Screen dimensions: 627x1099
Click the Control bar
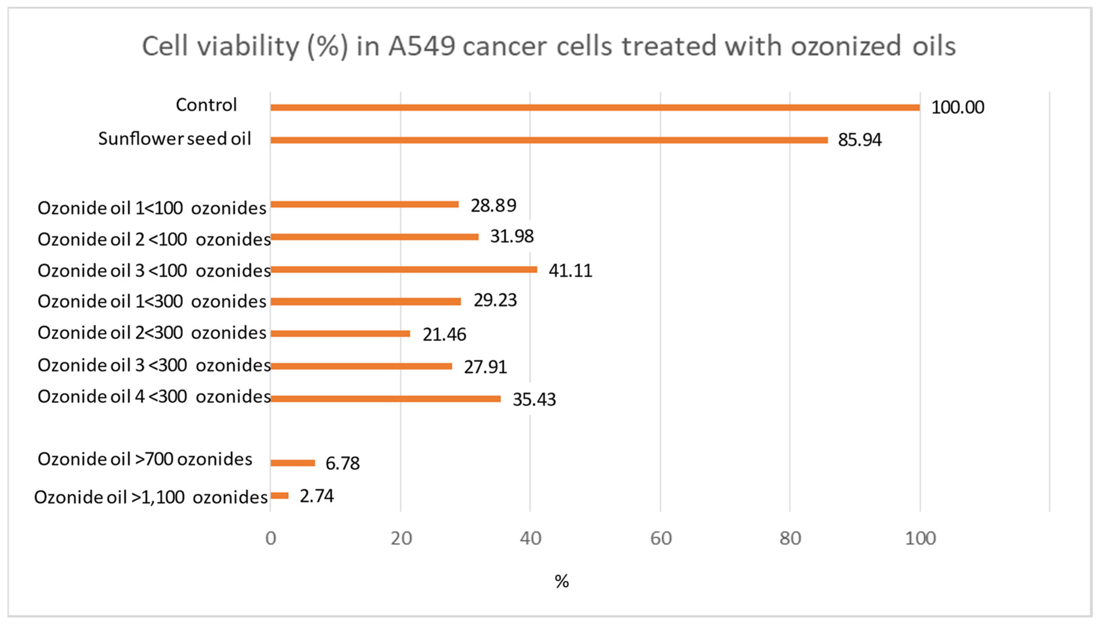[594, 107]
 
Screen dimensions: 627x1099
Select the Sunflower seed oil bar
[549, 140]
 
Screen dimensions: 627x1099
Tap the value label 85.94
[859, 140]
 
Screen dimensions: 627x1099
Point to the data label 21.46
[444, 334]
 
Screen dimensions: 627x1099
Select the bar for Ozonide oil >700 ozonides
[293, 463]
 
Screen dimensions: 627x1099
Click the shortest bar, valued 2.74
[279, 496]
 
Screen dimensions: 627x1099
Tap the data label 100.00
[957, 107]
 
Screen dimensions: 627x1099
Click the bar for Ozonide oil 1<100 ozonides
[364, 204]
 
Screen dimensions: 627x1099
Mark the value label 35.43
[534, 400]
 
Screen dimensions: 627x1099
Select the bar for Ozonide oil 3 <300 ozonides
[361, 366]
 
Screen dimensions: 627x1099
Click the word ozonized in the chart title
[846, 47]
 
